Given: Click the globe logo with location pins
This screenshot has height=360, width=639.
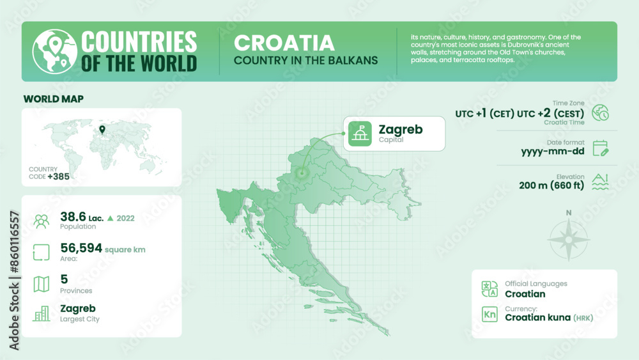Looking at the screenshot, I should click(52, 52).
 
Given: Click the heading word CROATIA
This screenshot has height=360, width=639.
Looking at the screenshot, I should click(284, 43).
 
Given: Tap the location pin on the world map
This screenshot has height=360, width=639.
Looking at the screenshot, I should click(102, 130).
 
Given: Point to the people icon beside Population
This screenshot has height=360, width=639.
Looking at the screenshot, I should click(42, 221).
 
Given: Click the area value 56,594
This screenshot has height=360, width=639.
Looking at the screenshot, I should click(81, 248).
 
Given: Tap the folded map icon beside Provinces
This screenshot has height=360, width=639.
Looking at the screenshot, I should click(42, 284).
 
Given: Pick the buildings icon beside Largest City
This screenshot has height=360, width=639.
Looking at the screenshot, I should click(42, 313).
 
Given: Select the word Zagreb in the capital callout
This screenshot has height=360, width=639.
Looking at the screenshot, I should click(400, 130).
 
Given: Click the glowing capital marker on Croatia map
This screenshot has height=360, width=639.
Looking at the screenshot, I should click(303, 172).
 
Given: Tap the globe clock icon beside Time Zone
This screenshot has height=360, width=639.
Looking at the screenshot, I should click(600, 113).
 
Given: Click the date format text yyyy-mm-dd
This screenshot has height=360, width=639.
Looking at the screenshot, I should click(553, 152).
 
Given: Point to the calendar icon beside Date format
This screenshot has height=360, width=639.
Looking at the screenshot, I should click(600, 148).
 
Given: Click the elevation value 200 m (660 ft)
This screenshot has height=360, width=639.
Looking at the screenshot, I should click(551, 186).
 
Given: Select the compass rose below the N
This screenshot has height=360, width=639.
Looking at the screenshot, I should click(568, 239).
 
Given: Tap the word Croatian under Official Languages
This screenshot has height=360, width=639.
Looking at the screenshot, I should click(525, 294).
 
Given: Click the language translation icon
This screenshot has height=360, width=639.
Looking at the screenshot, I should click(489, 289).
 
